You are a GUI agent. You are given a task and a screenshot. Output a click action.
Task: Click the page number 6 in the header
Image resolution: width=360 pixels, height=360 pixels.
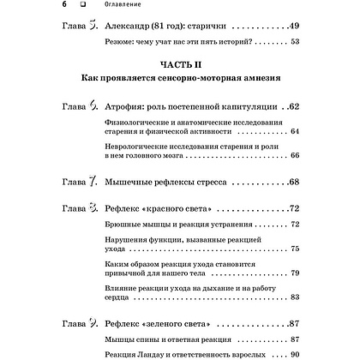point(18,5)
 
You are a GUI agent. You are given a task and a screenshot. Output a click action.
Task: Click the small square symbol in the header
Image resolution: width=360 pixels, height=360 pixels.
point(39,5)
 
